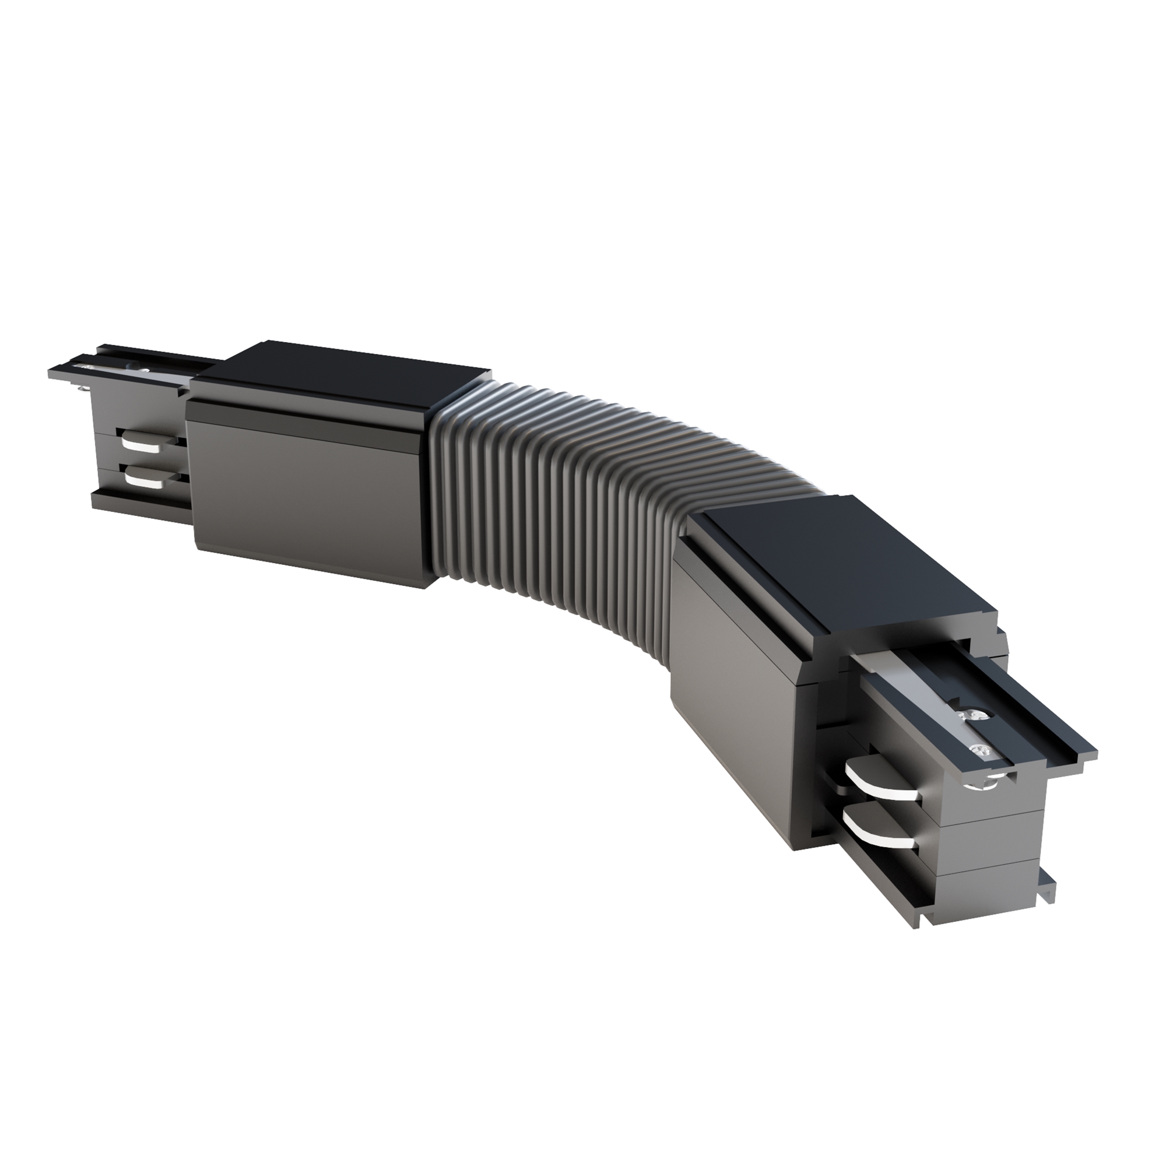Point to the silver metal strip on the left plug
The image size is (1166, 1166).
click(x=121, y=373)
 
